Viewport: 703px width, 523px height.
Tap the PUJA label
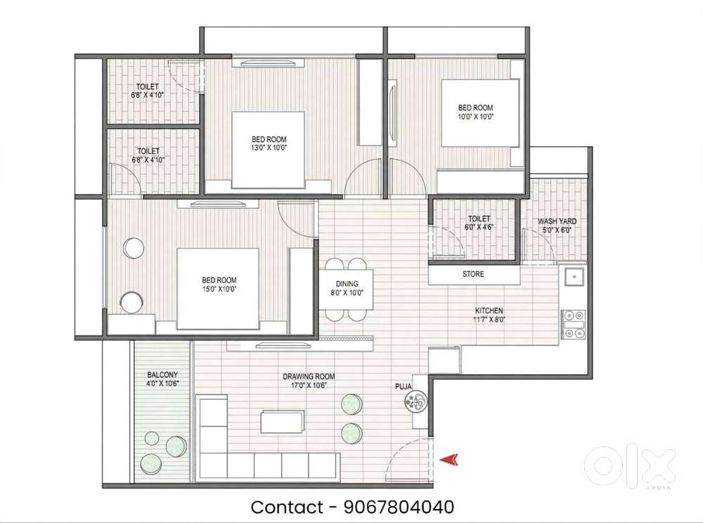tap(404, 386)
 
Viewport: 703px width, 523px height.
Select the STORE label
tap(473, 274)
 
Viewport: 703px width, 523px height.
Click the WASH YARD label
tap(557, 221)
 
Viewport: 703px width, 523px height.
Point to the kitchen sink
tap(574, 277)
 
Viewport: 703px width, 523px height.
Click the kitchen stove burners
tap(574, 324)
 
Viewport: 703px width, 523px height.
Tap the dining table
tap(347, 289)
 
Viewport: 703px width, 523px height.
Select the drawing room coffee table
tap(282, 422)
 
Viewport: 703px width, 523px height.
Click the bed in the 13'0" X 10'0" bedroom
tap(268, 150)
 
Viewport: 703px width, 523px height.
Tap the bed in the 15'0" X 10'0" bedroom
tap(218, 289)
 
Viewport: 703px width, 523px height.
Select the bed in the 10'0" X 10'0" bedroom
tap(480, 113)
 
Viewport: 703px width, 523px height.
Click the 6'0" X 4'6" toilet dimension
tap(479, 227)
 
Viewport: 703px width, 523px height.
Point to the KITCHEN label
tap(489, 311)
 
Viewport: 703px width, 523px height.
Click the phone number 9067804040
tap(399, 507)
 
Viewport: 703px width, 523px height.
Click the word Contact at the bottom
tap(286, 508)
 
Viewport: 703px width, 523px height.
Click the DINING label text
tap(347, 284)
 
